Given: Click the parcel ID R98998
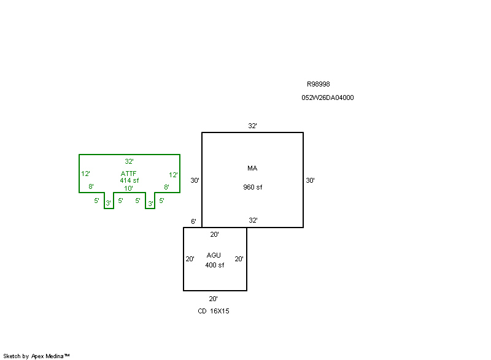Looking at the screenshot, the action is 318,84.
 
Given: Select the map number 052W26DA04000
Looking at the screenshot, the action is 328,98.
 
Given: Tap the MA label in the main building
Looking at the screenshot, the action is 252,168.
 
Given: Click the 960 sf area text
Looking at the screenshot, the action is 253,187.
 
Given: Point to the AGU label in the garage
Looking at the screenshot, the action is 214,255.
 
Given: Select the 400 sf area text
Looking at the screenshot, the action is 214,265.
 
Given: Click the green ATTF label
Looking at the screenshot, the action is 128,174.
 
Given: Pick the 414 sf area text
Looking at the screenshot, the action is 130,180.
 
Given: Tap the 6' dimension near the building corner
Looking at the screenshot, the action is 193,221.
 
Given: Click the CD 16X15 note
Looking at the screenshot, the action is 214,311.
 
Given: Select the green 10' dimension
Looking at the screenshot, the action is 128,188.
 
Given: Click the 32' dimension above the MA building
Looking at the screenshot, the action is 252,126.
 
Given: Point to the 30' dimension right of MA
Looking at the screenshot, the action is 310,180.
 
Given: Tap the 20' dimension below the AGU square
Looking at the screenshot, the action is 213,299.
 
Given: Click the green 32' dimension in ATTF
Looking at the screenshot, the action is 129,161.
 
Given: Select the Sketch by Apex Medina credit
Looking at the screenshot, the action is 36,356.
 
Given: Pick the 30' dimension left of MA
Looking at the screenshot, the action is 195,180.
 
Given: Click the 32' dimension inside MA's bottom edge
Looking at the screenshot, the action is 253,220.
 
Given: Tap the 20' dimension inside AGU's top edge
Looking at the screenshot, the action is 214,234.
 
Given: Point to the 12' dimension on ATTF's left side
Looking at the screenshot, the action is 85,174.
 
